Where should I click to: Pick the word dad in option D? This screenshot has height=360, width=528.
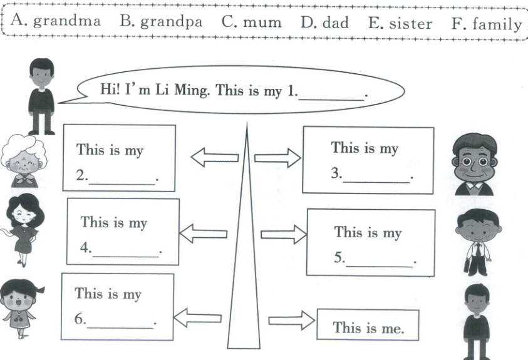335,22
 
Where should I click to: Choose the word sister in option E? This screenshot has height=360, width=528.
409,23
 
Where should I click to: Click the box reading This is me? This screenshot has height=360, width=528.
368,326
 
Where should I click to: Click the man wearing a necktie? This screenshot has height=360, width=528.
478,242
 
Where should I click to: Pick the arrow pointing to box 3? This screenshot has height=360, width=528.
277,158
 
